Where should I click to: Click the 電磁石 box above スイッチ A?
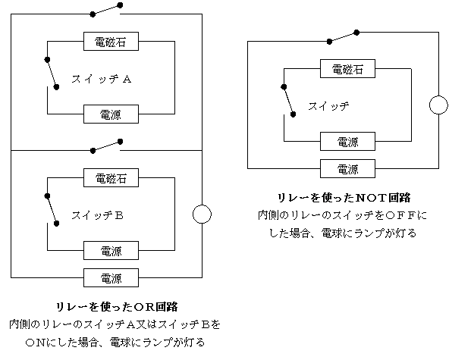point(111,42)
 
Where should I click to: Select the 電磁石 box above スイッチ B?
point(111,177)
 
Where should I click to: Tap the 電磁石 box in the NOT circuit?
point(347,69)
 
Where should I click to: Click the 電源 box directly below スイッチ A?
point(111,114)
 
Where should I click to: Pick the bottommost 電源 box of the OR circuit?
point(111,277)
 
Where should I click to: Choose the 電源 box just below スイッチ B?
point(111,250)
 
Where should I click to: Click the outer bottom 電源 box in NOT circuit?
point(347,168)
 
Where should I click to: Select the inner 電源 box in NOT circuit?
point(347,142)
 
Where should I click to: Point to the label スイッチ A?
point(102,79)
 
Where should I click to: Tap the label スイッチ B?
point(98,215)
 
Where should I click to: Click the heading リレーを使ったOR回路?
point(117,307)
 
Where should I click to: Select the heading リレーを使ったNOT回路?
point(344,198)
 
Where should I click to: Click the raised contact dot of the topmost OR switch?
point(121,5)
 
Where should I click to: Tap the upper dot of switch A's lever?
point(47,60)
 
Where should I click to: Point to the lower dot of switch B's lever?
point(56,224)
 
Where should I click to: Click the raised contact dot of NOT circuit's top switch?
point(356,33)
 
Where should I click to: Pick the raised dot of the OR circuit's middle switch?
point(121,142)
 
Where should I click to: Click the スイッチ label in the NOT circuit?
point(328,106)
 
